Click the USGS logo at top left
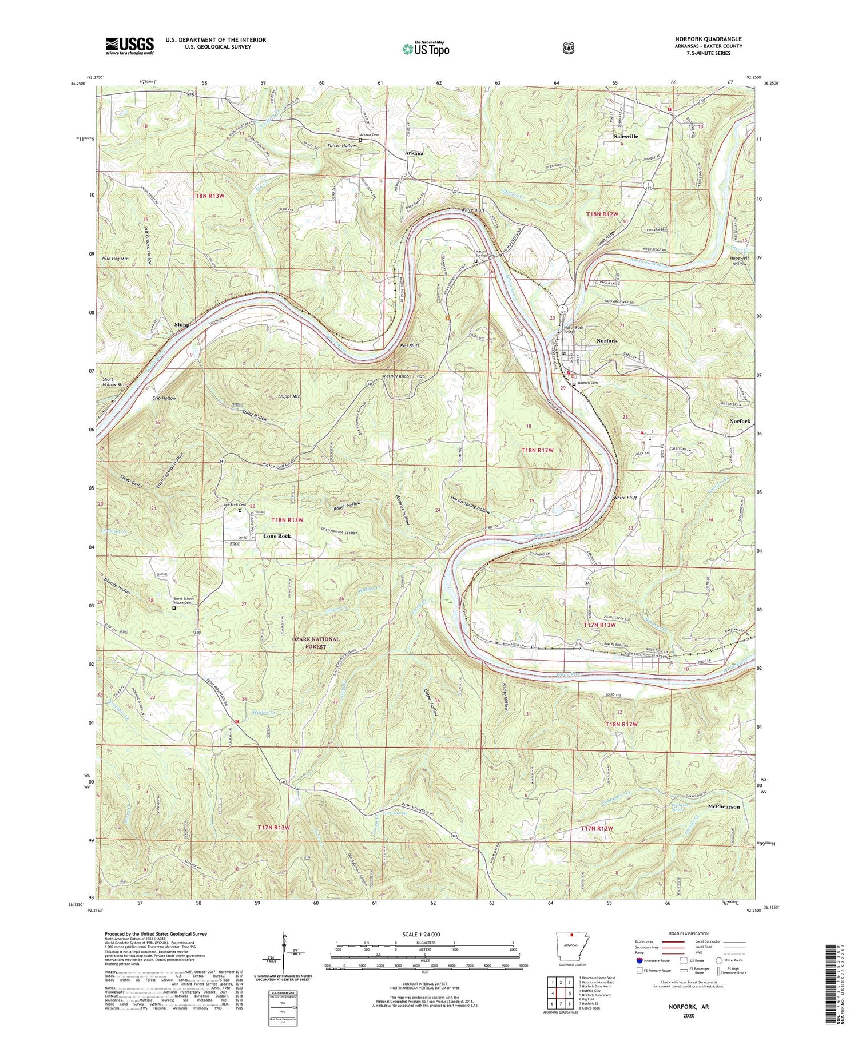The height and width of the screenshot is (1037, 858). tap(129, 46)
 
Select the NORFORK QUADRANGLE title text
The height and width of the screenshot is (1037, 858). tap(708, 39)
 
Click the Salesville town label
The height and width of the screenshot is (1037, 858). tap(625, 137)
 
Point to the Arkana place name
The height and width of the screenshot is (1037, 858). tap(414, 153)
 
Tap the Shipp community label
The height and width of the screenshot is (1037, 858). tap(181, 324)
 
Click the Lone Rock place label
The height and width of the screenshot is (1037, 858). tap(277, 536)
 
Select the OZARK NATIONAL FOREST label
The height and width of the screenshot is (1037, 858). tap(316, 643)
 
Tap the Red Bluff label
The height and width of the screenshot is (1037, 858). tap(410, 346)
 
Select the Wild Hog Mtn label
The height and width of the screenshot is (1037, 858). tap(115, 259)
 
